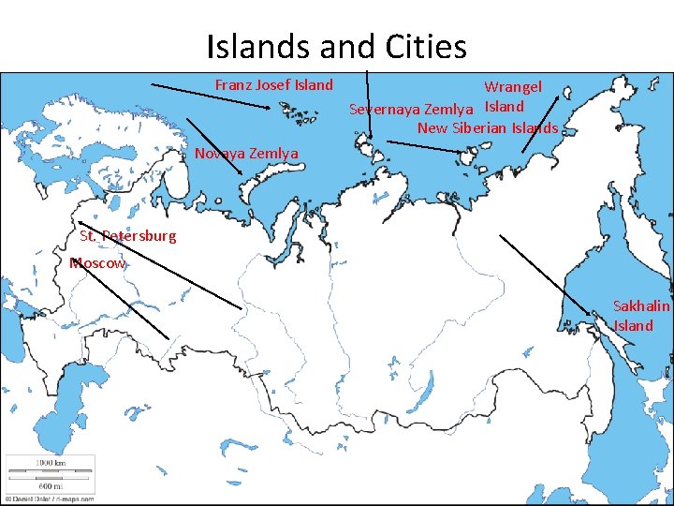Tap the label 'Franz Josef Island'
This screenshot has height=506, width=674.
tap(273, 85)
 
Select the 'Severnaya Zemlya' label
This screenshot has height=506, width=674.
tap(410, 110)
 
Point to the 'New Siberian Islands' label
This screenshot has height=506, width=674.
tap(488, 127)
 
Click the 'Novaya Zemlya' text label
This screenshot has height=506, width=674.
tap(246, 153)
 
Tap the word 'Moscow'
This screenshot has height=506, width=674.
tap(97, 263)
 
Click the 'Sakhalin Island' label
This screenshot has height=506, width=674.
tap(641, 316)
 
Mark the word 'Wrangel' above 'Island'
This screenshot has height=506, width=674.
tap(512, 87)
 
